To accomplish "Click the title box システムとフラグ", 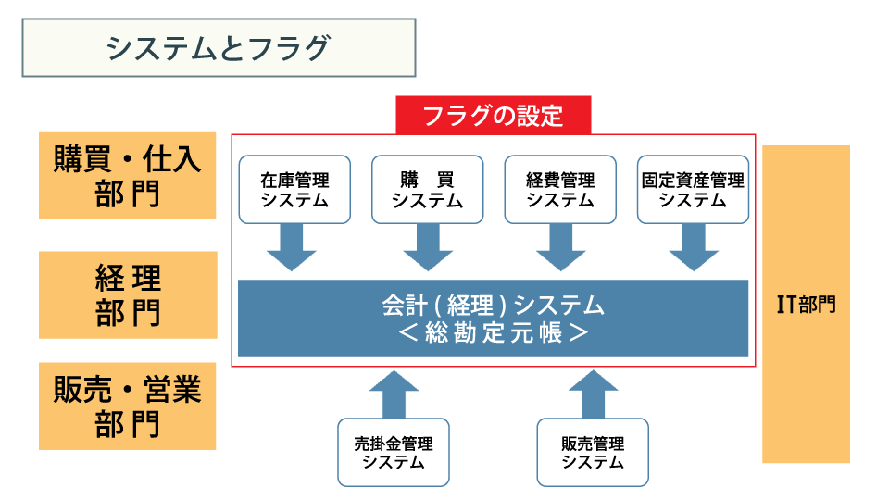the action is [219, 47].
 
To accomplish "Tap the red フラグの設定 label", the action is [494, 116].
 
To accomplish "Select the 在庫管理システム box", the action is [294, 189].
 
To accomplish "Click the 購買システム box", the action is [428, 189].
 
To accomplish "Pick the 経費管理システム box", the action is [560, 189].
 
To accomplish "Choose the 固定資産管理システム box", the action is [693, 189].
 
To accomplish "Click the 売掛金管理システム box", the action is [394, 453].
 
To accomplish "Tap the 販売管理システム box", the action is [593, 453].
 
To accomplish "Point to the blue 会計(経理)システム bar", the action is [494, 319].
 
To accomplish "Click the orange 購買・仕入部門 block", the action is [128, 176].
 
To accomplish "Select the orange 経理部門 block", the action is [128, 294].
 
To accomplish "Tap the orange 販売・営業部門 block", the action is [128, 406].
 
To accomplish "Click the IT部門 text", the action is [806, 305].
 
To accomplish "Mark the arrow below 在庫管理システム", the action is [292, 247].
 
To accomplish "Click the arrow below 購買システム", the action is [428, 247].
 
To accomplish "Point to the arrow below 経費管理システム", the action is [561, 247].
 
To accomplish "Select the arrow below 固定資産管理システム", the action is [694, 247].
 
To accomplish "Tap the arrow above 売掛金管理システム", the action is [394, 394].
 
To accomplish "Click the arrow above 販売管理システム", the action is [593, 394].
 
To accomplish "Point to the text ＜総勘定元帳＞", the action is [494, 332].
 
